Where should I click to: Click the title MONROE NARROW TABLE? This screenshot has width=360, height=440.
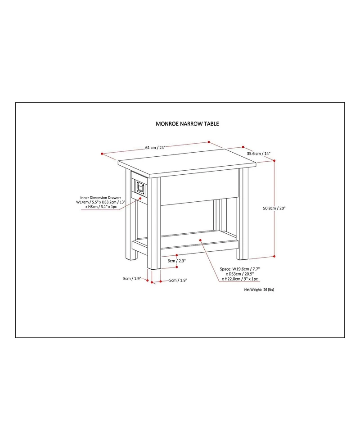(187, 123)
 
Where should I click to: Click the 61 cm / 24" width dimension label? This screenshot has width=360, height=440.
(156, 147)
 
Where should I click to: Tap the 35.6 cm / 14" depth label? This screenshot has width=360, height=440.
(258, 154)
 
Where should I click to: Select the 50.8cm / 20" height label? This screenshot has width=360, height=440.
(274, 208)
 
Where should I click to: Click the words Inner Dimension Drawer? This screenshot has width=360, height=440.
(100, 197)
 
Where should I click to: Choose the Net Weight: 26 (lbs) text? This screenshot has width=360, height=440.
(259, 290)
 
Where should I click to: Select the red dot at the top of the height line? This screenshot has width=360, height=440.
(274, 160)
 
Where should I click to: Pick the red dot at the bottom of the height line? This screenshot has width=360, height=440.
(274, 256)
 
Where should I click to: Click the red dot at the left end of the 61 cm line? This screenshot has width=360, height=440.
(102, 154)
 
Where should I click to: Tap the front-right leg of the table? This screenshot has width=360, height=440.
(243, 216)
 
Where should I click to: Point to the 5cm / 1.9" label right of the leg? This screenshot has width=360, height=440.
(178, 280)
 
